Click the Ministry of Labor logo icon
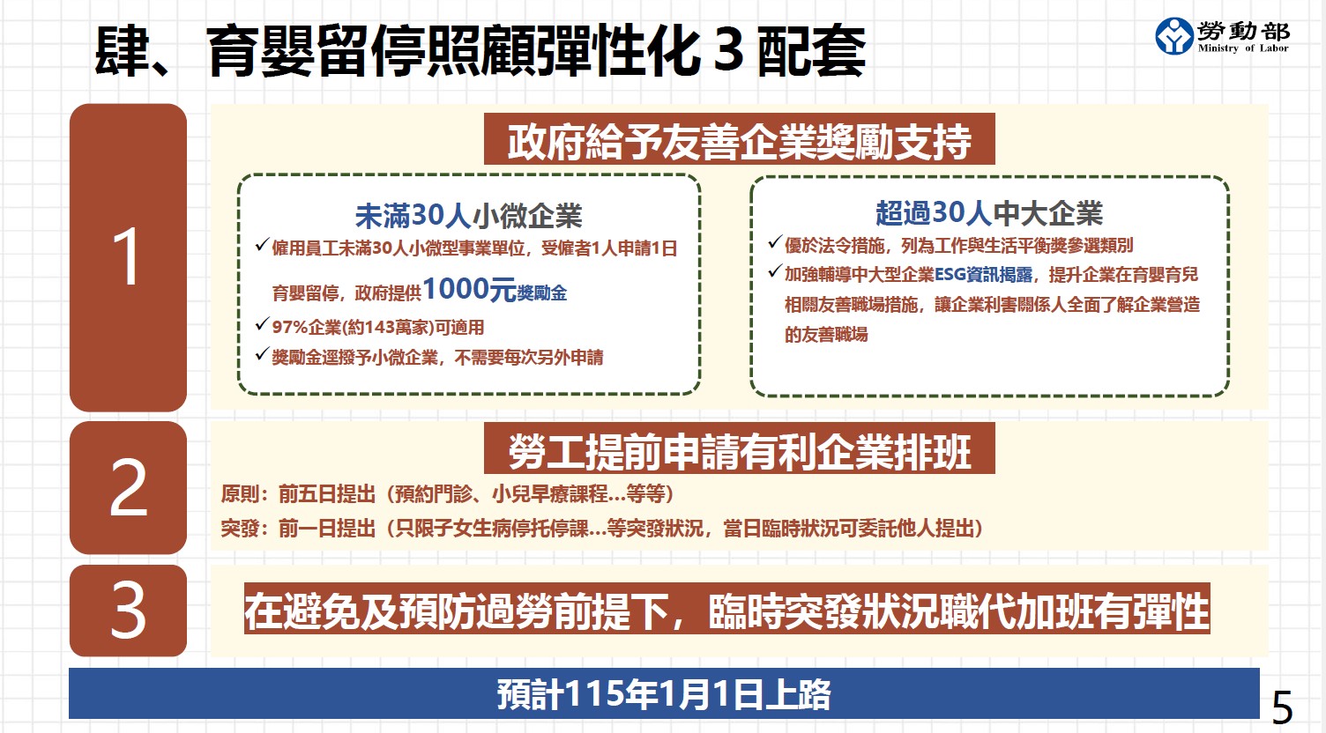tap(1174, 36)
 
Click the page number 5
tap(1282, 707)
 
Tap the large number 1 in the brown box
tap(128, 256)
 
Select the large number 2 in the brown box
tap(128, 487)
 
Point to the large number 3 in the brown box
tap(128, 611)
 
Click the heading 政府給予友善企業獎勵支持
tap(739, 141)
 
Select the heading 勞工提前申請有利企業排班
tap(739, 451)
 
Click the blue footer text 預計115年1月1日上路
tap(663, 694)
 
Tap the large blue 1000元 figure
tap(469, 289)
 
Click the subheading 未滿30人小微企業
tap(468, 216)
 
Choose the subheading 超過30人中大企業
tap(988, 213)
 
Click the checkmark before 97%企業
tap(261, 324)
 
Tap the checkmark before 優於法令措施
tap(774, 242)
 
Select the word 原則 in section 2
tap(240, 493)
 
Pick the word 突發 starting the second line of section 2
tap(240, 529)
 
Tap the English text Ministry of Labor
tap(1242, 48)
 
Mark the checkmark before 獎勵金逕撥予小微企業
tap(261, 354)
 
